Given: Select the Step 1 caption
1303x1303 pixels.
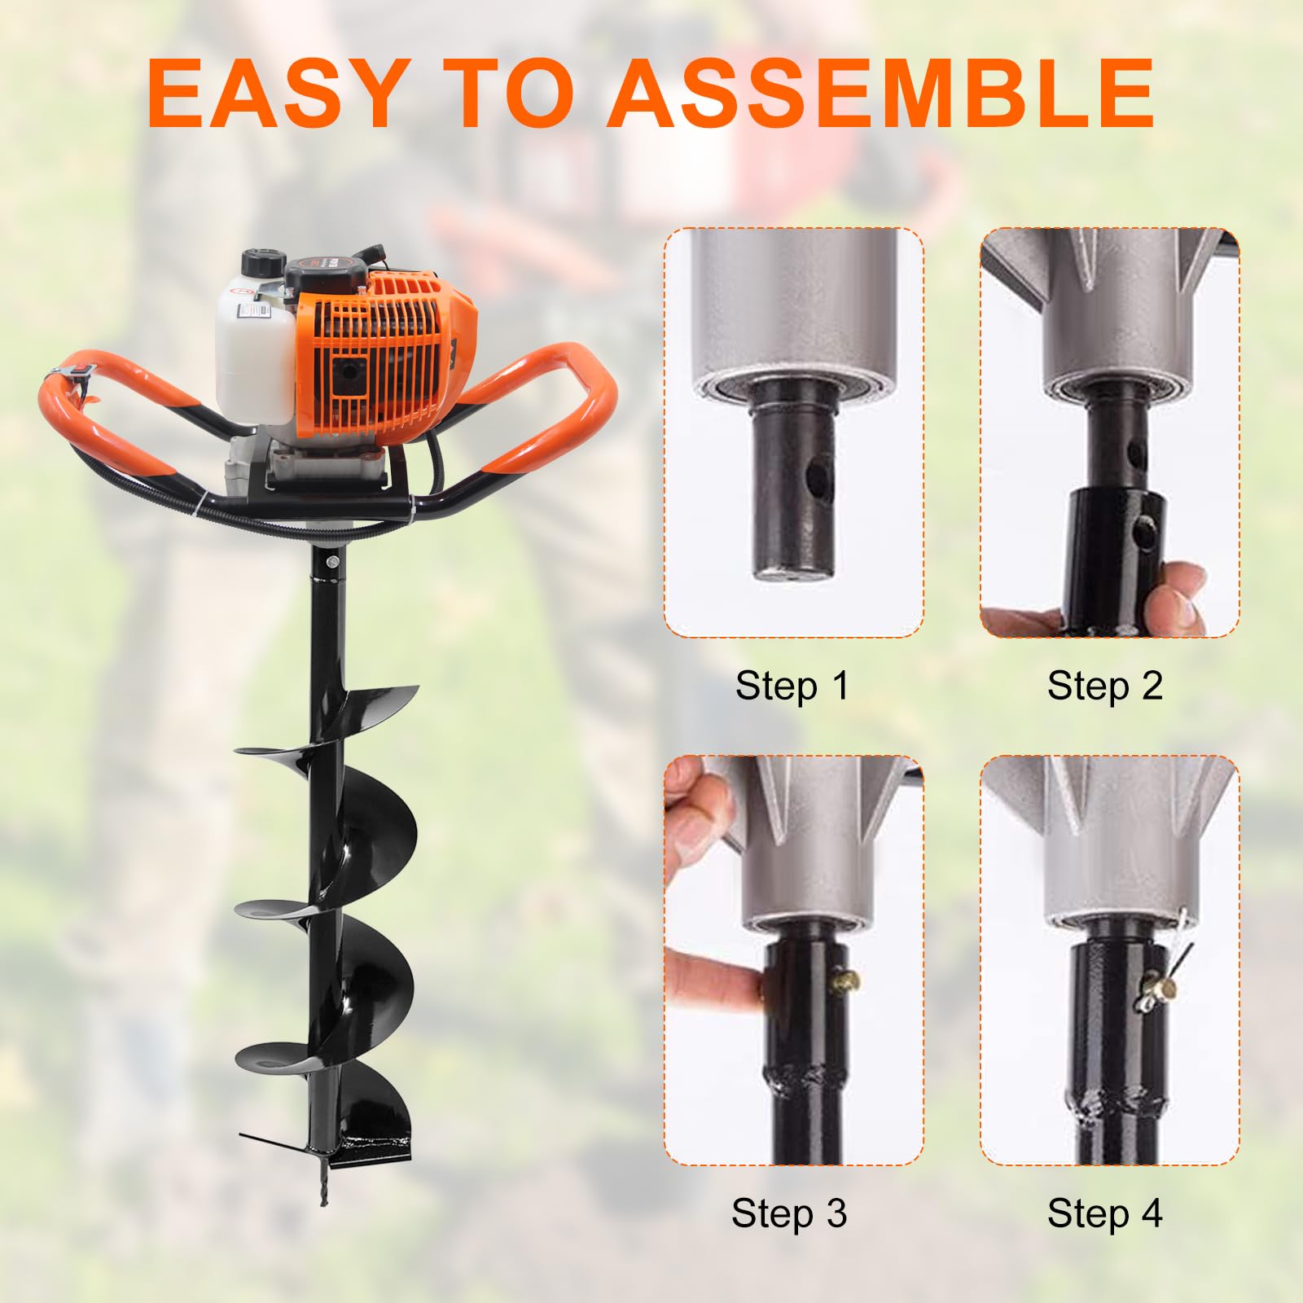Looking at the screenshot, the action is coord(792,685).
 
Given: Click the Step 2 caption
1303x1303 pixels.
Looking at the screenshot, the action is coord(1105,685).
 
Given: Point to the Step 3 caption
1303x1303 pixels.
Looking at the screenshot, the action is coord(789,1213).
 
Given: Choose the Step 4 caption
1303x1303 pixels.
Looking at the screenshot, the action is coord(1105,1213).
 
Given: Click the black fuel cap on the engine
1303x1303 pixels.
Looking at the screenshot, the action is coord(263,266).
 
